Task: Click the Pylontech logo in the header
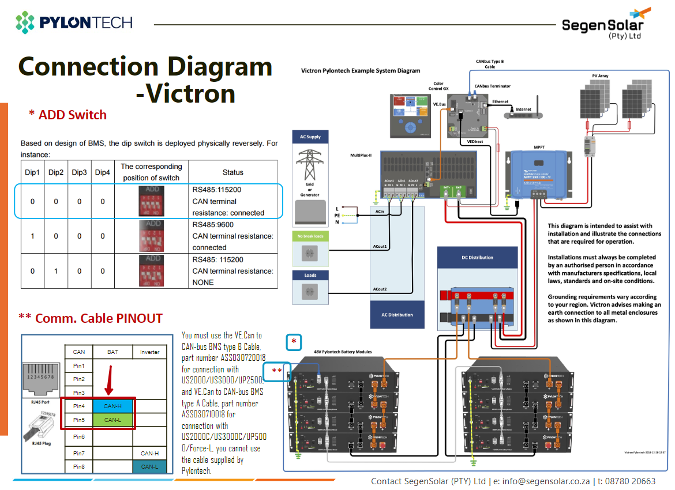pyautogui.click(x=74, y=22)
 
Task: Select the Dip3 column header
pyautogui.click(x=79, y=172)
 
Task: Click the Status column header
pyautogui.click(x=232, y=172)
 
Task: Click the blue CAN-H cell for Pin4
pyautogui.click(x=112, y=406)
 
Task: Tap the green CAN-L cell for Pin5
pyautogui.click(x=112, y=420)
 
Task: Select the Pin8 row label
pyautogui.click(x=79, y=466)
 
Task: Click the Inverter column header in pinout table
pyautogui.click(x=149, y=352)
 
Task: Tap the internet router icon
pyautogui.click(x=524, y=114)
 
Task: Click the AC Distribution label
pyautogui.click(x=397, y=315)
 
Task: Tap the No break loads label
pyautogui.click(x=310, y=236)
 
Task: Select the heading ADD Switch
pyautogui.click(x=68, y=115)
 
